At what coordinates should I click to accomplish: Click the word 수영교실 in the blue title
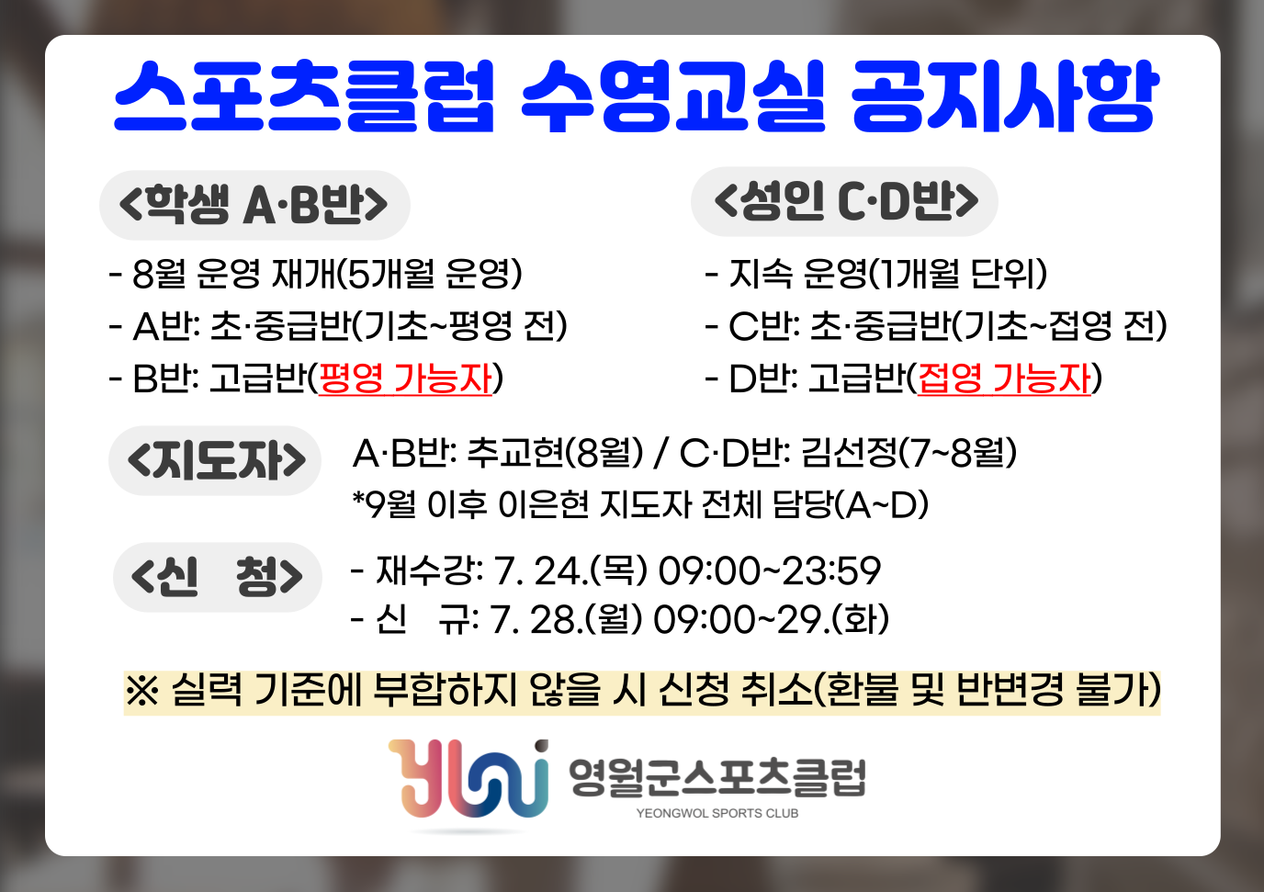pyautogui.click(x=673, y=96)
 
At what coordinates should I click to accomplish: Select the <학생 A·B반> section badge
pyautogui.click(x=254, y=205)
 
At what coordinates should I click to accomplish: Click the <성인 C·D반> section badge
pyautogui.click(x=845, y=201)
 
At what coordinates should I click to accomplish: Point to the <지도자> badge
pyautogui.click(x=215, y=460)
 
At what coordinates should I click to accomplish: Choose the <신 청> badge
pyautogui.click(x=217, y=577)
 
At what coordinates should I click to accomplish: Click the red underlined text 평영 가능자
pyautogui.click(x=405, y=378)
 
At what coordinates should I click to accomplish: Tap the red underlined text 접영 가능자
pyautogui.click(x=1004, y=378)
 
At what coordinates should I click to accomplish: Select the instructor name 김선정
pyautogui.click(x=849, y=453)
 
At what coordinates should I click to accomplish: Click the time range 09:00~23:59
pyautogui.click(x=770, y=570)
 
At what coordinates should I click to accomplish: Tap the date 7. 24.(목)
pyautogui.click(x=570, y=570)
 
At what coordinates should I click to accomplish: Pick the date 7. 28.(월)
pyautogui.click(x=566, y=619)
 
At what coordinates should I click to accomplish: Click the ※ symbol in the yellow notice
pyautogui.click(x=142, y=691)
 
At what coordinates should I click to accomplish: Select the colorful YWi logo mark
pyautogui.click(x=468, y=779)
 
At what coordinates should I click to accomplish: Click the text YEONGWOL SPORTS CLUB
pyautogui.click(x=717, y=814)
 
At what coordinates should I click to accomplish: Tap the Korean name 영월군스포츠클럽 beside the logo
pyautogui.click(x=717, y=777)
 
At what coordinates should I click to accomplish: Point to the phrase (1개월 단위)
pyautogui.click(x=957, y=274)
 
